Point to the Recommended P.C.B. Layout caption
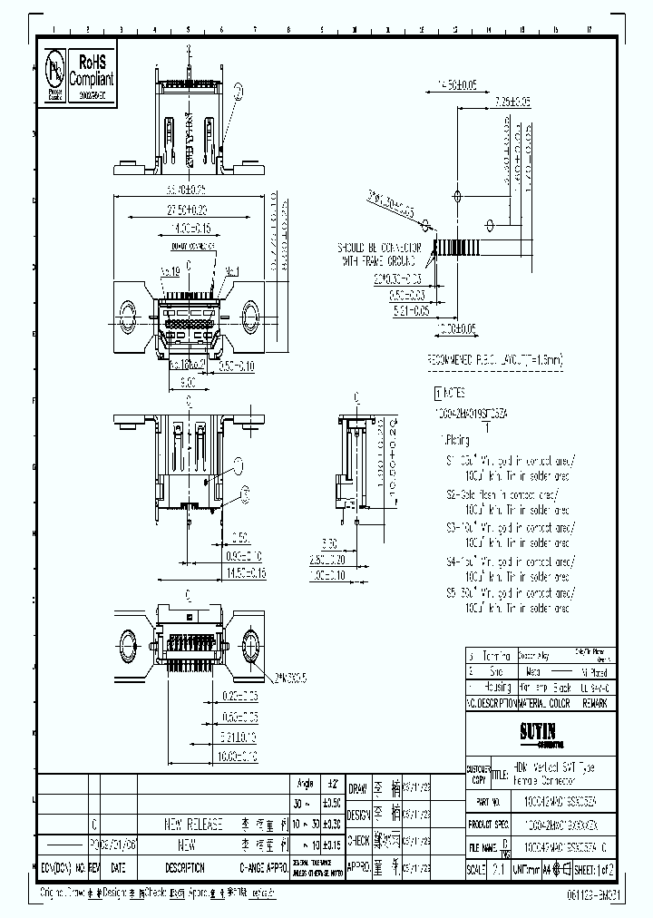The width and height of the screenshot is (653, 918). pos(494,360)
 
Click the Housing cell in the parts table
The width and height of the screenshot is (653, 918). pos(499,687)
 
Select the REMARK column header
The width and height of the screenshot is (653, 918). pos(591,703)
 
